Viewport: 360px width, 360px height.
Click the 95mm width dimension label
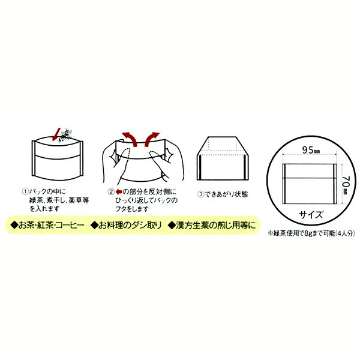pos(311,150)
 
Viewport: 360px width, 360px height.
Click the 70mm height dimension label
pos(344,185)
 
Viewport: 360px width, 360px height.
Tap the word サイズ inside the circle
pos(311,215)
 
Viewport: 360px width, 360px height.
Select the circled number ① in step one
pos(25,191)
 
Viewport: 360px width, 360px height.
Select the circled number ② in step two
pos(111,192)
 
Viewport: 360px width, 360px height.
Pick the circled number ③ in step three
pos(200,194)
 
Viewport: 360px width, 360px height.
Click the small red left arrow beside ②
pos(119,192)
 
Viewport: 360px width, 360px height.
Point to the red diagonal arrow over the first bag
pos(56,134)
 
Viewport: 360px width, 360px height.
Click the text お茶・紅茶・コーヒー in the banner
pos(47,225)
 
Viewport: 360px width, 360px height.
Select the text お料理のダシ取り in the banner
pos(126,225)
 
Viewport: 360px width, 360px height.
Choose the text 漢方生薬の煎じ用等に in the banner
pos(212,225)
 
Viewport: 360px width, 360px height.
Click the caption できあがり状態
pos(226,194)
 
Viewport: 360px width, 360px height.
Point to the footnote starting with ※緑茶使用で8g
pos(311,233)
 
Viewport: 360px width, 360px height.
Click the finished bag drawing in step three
pos(222,158)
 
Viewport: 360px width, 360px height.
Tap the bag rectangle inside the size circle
pos(309,184)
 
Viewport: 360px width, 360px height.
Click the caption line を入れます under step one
pos(45,209)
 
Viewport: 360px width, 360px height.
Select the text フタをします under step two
pos(132,209)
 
